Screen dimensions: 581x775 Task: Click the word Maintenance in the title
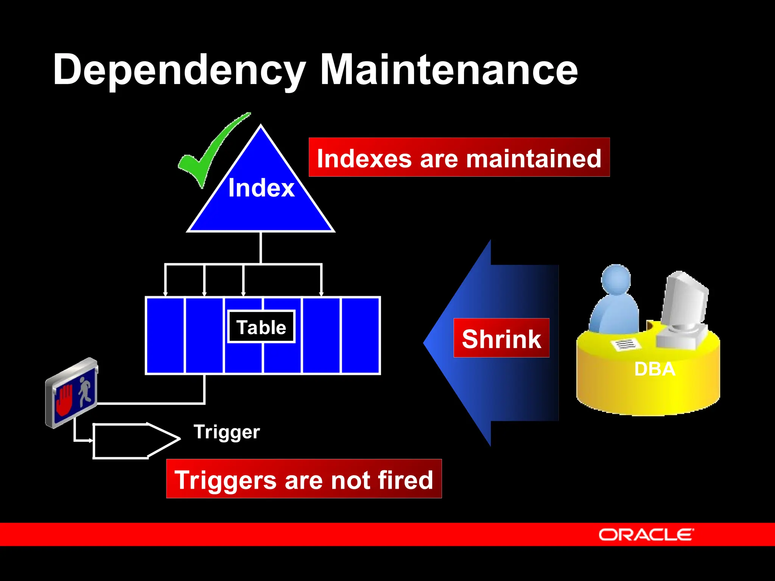coord(449,70)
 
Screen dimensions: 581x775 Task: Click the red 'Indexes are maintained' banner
coord(459,157)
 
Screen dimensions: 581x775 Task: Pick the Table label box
coord(261,327)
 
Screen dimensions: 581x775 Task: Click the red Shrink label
coord(501,338)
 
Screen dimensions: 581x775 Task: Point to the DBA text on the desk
coord(654,369)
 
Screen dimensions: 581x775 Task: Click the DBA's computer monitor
coord(685,299)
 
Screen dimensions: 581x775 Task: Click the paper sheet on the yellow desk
coord(626,344)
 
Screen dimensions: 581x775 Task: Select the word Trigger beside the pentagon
coord(227,432)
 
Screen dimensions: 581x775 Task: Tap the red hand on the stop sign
coord(64,400)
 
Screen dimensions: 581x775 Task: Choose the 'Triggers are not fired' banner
coord(304,479)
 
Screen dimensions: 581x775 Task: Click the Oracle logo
coord(646,534)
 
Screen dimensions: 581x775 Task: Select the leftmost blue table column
coord(165,336)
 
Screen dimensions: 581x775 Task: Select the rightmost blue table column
coord(361,336)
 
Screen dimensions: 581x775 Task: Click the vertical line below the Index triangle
coord(261,248)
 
